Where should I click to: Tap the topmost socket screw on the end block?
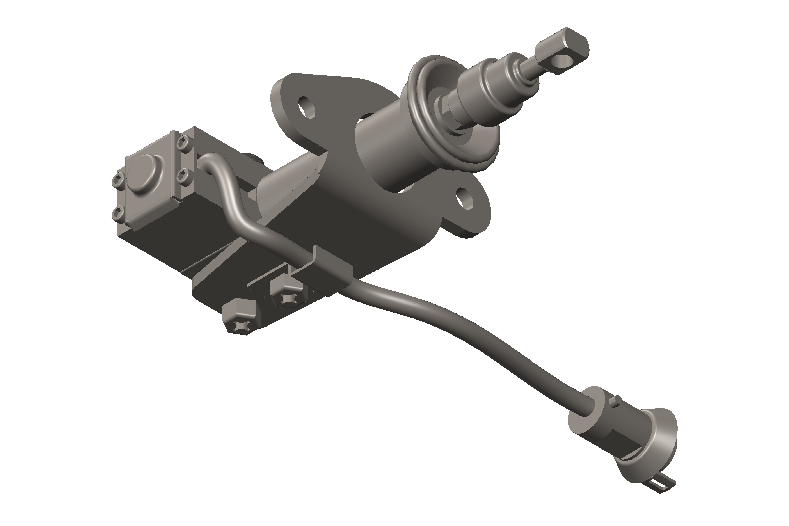(184, 144)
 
